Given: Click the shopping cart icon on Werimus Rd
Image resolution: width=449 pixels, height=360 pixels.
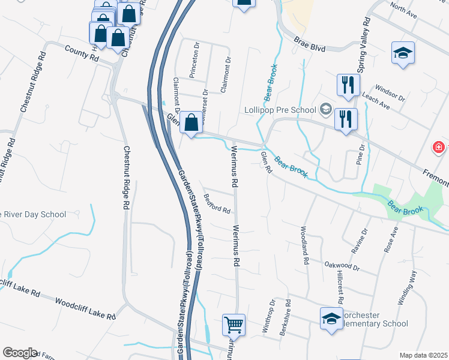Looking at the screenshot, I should point(234,325).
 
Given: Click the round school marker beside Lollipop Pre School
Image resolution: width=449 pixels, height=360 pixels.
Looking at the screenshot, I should point(325,109).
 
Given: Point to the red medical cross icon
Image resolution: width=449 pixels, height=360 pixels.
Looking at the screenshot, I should point(439,147).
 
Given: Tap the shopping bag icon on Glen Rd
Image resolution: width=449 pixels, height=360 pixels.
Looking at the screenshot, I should point(191,123).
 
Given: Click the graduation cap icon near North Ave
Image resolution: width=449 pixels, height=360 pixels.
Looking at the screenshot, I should point(403,52).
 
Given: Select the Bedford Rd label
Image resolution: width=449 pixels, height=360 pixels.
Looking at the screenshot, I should point(217,204).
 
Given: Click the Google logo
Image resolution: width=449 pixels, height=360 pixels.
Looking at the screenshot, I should point(19,353).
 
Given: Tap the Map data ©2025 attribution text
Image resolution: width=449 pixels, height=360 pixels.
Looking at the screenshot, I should point(423,355).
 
